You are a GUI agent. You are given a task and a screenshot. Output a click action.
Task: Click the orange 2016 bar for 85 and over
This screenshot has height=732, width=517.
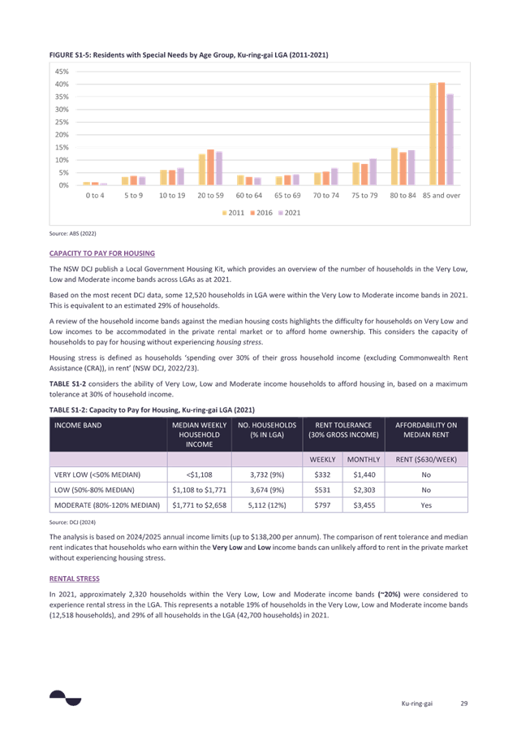tap(442, 133)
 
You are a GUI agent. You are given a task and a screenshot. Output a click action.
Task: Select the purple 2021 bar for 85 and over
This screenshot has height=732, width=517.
tap(450, 139)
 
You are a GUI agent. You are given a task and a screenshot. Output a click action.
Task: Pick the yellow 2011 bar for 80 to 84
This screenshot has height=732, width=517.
tap(394, 167)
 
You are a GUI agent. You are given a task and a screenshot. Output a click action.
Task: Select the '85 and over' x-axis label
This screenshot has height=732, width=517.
tap(441, 195)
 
